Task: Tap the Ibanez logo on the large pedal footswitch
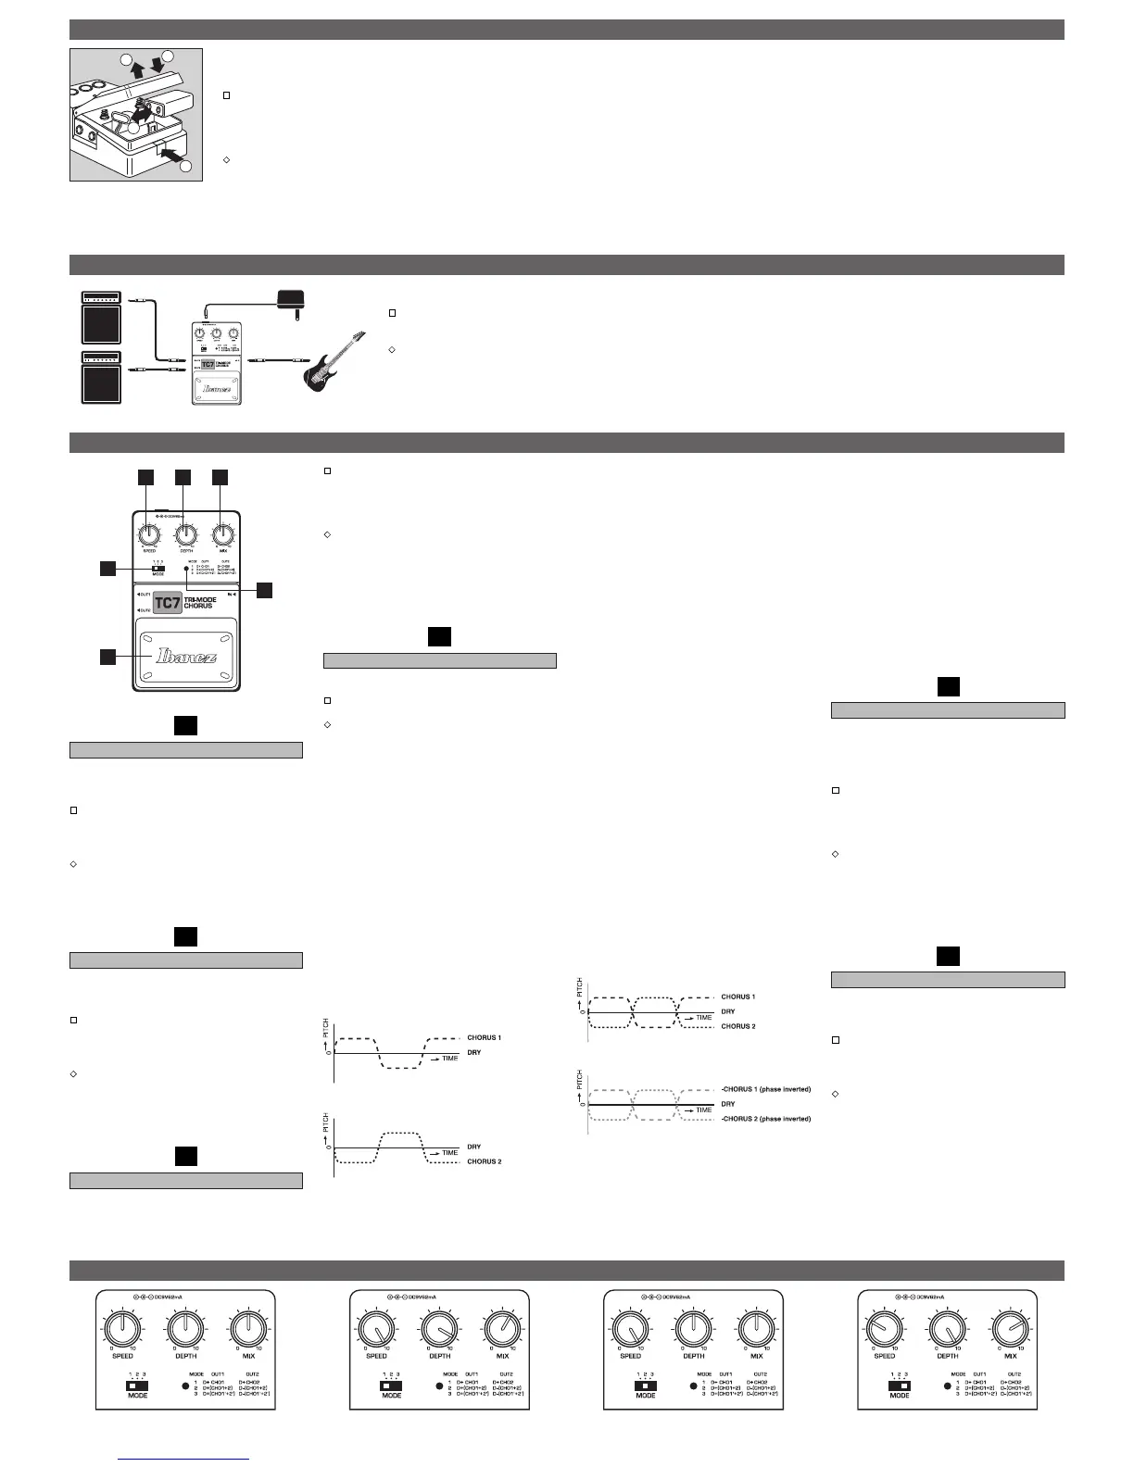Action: click(187, 656)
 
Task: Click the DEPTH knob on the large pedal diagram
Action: click(184, 535)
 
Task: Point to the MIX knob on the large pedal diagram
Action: click(221, 535)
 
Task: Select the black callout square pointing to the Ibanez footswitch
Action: click(108, 657)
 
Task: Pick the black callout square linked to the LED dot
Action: click(265, 589)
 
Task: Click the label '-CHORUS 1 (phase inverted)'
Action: click(765, 1089)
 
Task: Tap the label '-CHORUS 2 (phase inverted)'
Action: click(765, 1119)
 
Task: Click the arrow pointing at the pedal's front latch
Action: click(170, 157)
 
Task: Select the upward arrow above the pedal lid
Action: click(136, 70)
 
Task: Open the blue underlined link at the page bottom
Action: click(184, 1458)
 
